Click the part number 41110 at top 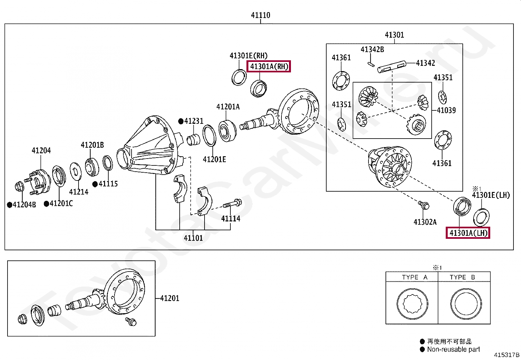[x=260, y=15]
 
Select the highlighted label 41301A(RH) [x=269, y=66]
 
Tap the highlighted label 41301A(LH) [x=468, y=233]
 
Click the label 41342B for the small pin [x=372, y=49]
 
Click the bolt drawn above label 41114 [x=232, y=204]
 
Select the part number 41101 [x=193, y=238]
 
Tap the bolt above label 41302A [x=424, y=205]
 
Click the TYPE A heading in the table [x=414, y=277]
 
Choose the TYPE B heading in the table [x=462, y=277]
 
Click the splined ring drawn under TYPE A [x=412, y=304]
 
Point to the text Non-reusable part [x=453, y=350]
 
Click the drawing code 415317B [x=506, y=355]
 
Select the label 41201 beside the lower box [x=170, y=298]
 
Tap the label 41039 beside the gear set [x=446, y=110]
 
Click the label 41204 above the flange [x=41, y=151]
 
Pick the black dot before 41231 [x=181, y=121]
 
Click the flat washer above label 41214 [x=76, y=171]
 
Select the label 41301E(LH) [x=491, y=195]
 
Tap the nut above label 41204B [x=20, y=187]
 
